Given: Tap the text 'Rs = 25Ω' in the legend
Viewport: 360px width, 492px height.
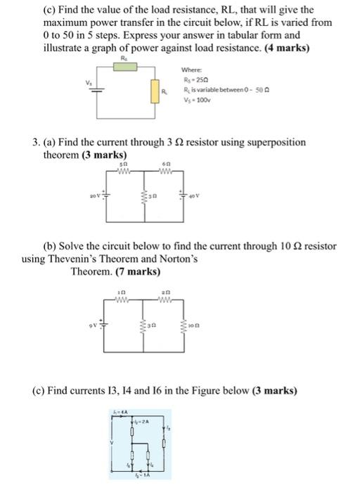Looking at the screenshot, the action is point(192,80).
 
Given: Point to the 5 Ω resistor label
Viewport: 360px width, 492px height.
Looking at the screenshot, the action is point(124,164).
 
